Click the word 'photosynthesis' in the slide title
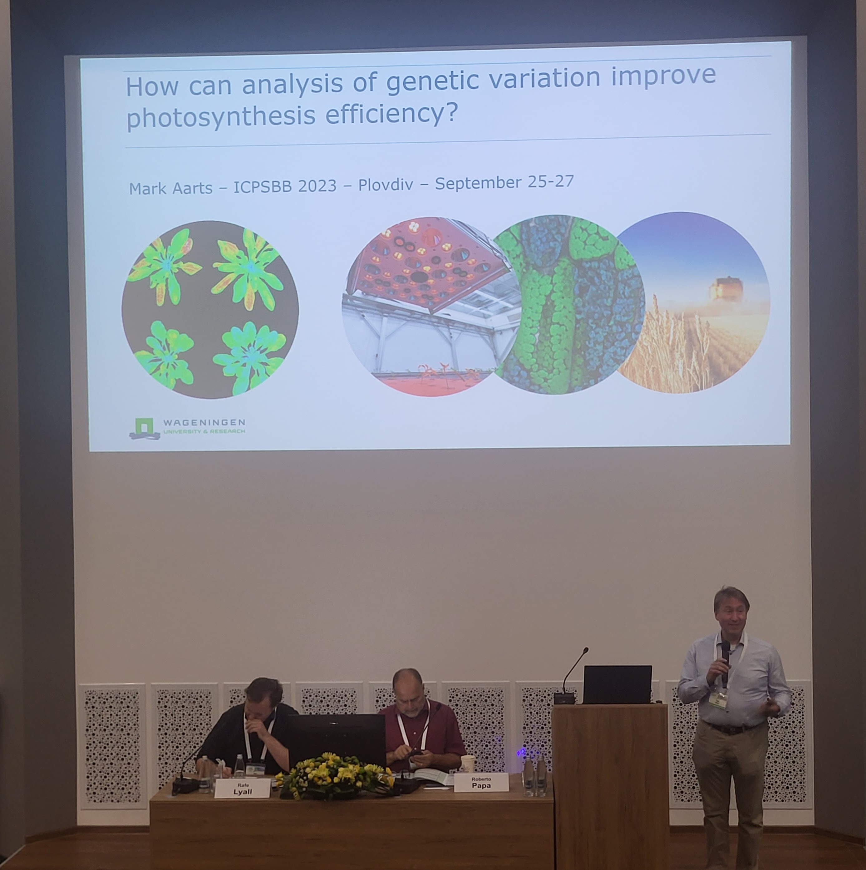tap(221, 116)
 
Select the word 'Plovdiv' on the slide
tap(386, 184)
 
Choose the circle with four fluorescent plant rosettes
tap(210, 309)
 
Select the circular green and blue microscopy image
tap(568, 304)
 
